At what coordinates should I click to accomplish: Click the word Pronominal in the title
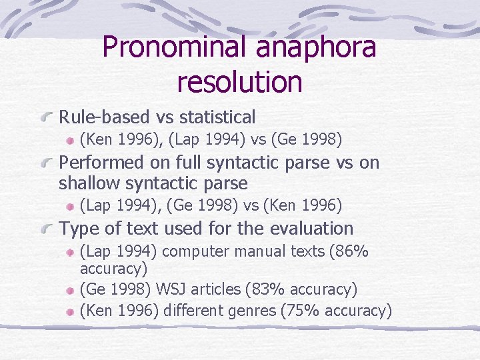[175, 47]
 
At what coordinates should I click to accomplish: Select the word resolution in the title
[240, 82]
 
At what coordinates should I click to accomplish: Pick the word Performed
[101, 162]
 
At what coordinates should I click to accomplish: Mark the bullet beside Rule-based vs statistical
[47, 118]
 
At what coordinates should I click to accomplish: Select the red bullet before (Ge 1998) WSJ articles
[70, 290]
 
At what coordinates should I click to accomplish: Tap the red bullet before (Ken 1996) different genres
[70, 311]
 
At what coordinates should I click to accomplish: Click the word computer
[191, 252]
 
